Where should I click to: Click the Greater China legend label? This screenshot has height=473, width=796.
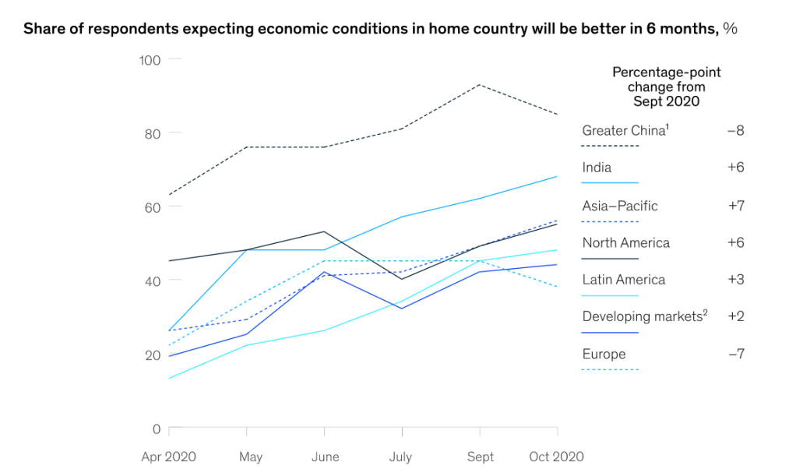pyautogui.click(x=625, y=131)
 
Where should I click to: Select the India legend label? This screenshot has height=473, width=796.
pyautogui.click(x=597, y=168)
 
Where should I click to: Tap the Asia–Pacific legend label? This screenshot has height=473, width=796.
pyautogui.click(x=620, y=206)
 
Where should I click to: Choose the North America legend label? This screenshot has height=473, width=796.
pyautogui.click(x=625, y=243)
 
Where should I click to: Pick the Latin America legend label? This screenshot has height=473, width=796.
pyautogui.click(x=623, y=280)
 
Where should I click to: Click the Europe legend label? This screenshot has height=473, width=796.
pyautogui.click(x=604, y=355)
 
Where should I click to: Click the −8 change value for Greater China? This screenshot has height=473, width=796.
pyautogui.click(x=735, y=131)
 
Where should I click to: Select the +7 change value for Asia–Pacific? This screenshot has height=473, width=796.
pyautogui.click(x=735, y=206)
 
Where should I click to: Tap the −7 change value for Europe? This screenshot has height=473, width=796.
pyautogui.click(x=735, y=355)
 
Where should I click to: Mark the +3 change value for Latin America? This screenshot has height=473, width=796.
pyautogui.click(x=735, y=280)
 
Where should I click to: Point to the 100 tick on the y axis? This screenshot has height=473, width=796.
pyautogui.click(x=150, y=60)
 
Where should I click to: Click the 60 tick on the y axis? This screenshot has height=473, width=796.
pyautogui.click(x=153, y=207)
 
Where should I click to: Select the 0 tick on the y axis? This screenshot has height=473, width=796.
pyautogui.click(x=157, y=429)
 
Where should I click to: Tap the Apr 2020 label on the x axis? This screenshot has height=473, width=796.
pyautogui.click(x=168, y=457)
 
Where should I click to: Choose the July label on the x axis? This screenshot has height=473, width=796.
pyautogui.click(x=402, y=457)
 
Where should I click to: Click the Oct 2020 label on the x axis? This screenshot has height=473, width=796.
pyautogui.click(x=557, y=457)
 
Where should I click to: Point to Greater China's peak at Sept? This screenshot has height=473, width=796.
pyautogui.click(x=480, y=84)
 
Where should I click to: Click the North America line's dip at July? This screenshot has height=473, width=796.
pyautogui.click(x=402, y=279)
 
